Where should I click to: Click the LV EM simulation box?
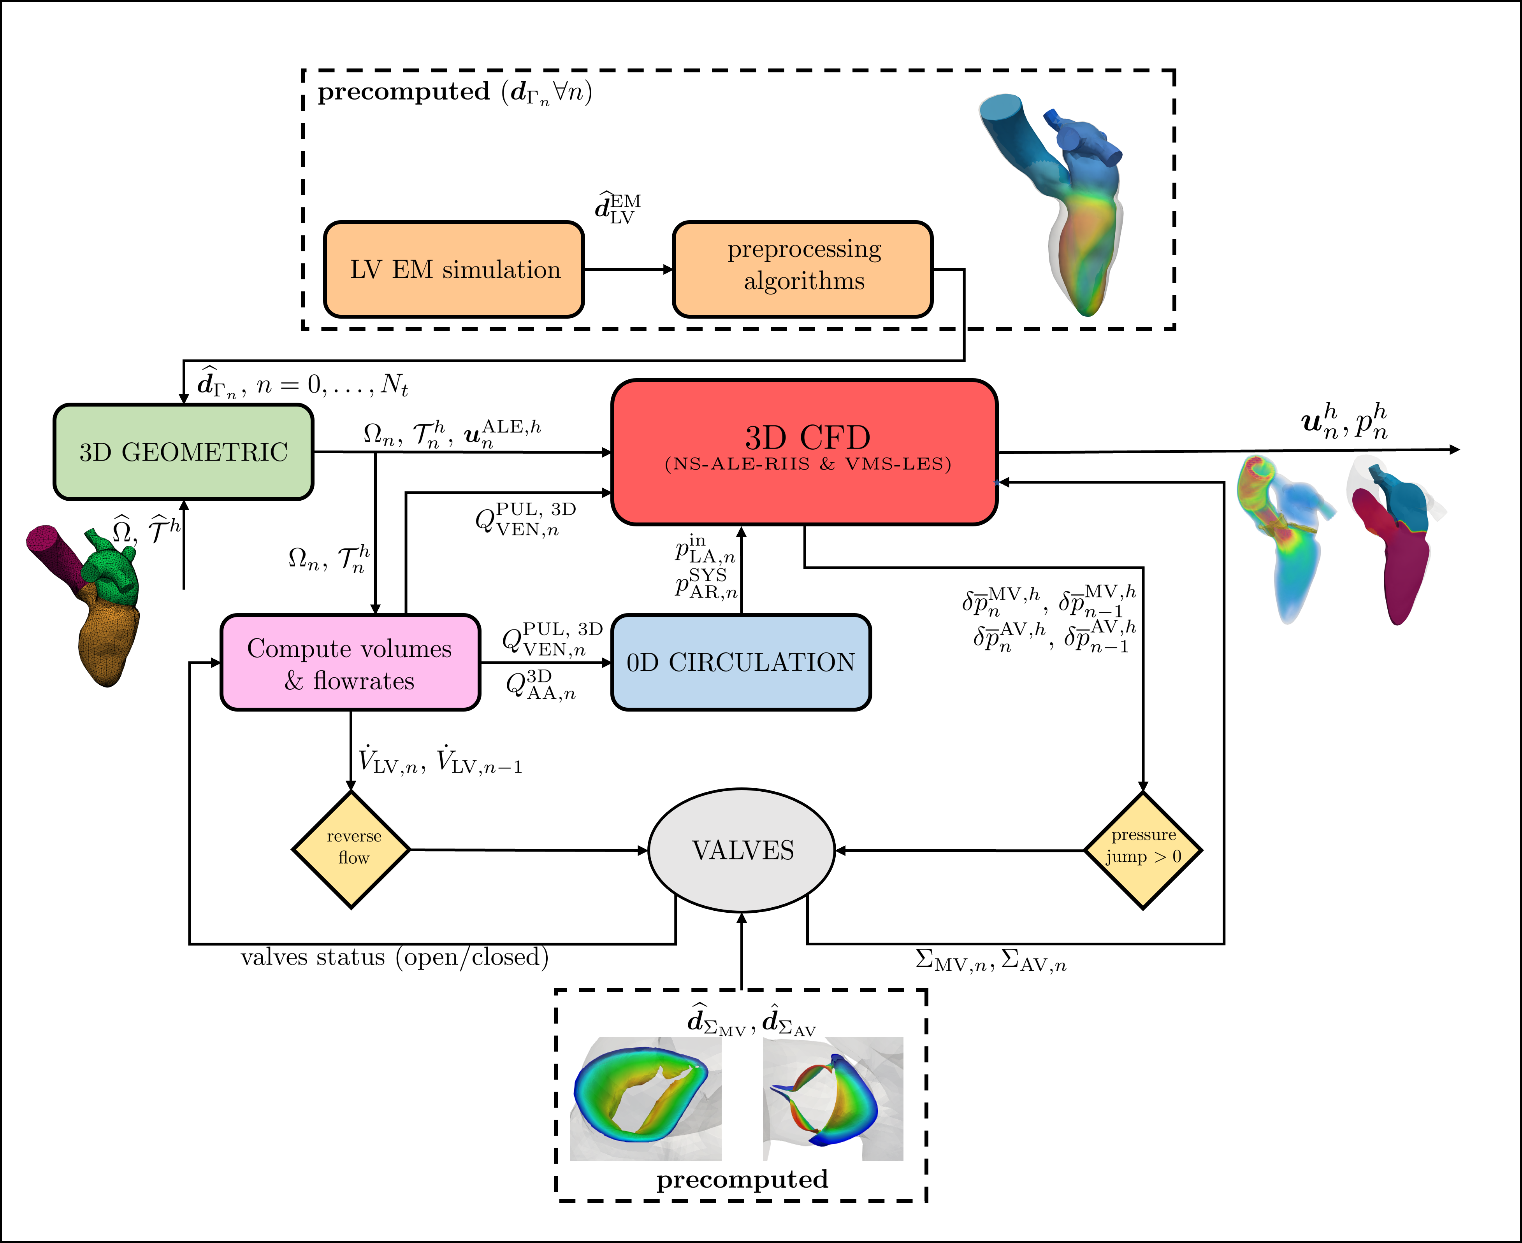click(454, 269)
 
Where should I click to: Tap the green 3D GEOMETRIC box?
click(183, 452)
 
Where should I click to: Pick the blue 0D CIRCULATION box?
click(741, 662)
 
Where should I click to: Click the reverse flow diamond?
click(352, 850)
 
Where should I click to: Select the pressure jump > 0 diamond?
click(1143, 850)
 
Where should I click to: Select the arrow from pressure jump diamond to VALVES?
click(960, 850)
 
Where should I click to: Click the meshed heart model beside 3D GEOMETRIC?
click(90, 601)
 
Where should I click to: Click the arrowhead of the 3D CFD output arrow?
click(1454, 450)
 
